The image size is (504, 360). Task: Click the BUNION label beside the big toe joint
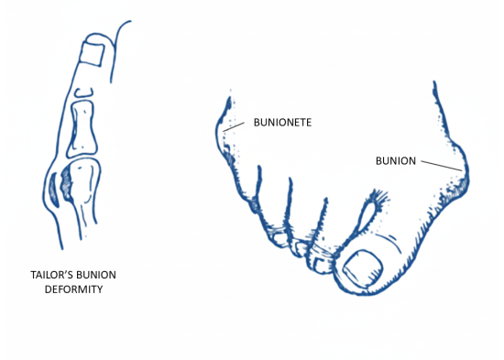(x=396, y=161)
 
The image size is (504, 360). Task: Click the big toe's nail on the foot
(x=364, y=269)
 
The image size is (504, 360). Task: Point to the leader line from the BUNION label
(x=444, y=166)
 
